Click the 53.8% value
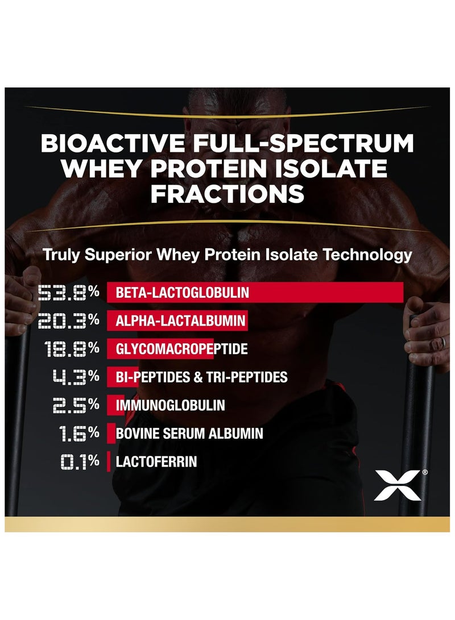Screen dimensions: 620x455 coord(69,293)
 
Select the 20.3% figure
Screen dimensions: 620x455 coord(69,321)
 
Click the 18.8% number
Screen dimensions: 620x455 coord(73,349)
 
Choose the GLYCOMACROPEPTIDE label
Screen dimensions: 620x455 coord(181,349)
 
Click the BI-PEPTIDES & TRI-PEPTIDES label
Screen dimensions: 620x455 coord(201,377)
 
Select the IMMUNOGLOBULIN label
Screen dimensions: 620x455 coord(170,405)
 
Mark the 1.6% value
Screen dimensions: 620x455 coord(80,434)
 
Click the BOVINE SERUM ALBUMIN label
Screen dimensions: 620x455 coord(189,434)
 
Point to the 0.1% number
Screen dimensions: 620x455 coord(80,461)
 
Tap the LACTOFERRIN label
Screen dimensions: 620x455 coord(156,461)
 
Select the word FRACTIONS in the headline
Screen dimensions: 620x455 coord(227,193)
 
